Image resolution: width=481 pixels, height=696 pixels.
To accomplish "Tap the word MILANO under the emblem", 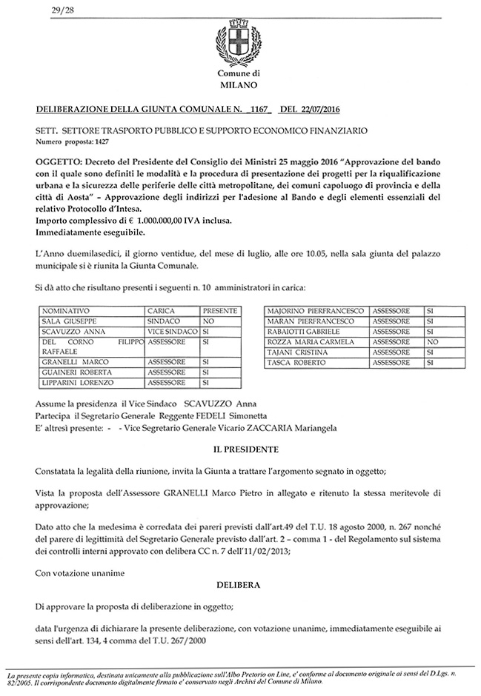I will [x=239, y=85].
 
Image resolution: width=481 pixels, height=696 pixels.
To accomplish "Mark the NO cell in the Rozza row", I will [x=434, y=343].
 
